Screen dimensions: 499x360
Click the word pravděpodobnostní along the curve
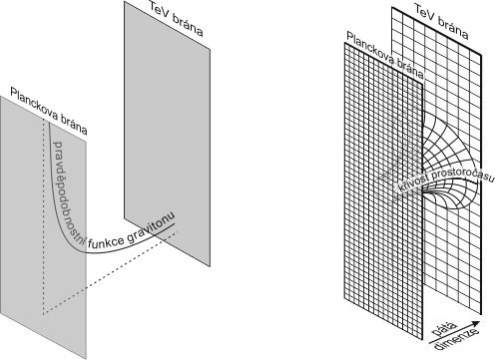(68, 193)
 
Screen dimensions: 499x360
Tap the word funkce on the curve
(107, 243)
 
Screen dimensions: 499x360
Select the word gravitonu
(151, 227)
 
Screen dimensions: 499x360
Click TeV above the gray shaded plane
(160, 10)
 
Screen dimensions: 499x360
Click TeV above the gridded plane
(426, 12)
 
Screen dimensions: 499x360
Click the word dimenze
(457, 340)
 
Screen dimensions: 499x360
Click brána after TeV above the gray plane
(188, 25)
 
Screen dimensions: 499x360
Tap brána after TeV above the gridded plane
(454, 29)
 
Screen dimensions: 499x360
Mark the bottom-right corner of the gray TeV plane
(210, 266)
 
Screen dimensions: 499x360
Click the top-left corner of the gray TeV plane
(125, 1)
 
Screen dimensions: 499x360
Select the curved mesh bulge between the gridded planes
(450, 160)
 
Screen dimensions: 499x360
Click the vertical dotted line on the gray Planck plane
(43, 216)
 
